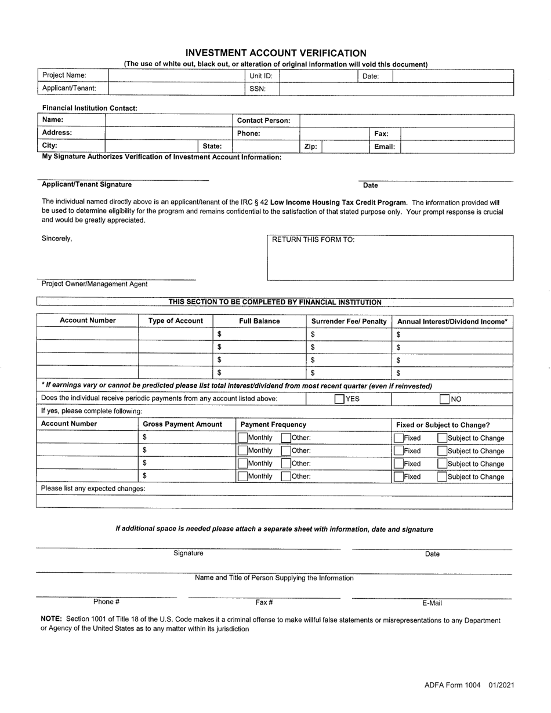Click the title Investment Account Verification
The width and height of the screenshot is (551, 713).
[x=275, y=53]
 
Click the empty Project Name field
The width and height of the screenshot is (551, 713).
[x=175, y=76]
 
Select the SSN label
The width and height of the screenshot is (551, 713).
[x=258, y=89]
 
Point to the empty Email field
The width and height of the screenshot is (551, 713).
[x=457, y=147]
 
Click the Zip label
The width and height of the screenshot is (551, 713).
[x=310, y=147]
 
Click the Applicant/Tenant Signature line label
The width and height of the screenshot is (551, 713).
[x=86, y=184]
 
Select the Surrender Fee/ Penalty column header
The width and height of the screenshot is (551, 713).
[x=349, y=321]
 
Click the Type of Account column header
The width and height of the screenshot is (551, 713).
[x=176, y=321]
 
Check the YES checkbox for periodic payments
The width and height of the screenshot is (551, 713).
[x=339, y=399]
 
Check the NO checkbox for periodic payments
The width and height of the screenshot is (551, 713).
[x=444, y=399]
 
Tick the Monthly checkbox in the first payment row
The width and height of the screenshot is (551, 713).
[x=243, y=438]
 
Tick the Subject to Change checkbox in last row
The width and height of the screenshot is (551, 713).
[x=442, y=476]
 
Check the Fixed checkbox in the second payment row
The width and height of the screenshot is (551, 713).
[x=399, y=451]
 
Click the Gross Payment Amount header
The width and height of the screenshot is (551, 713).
[x=182, y=424]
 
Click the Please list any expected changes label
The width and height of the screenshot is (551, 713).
[x=93, y=489]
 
